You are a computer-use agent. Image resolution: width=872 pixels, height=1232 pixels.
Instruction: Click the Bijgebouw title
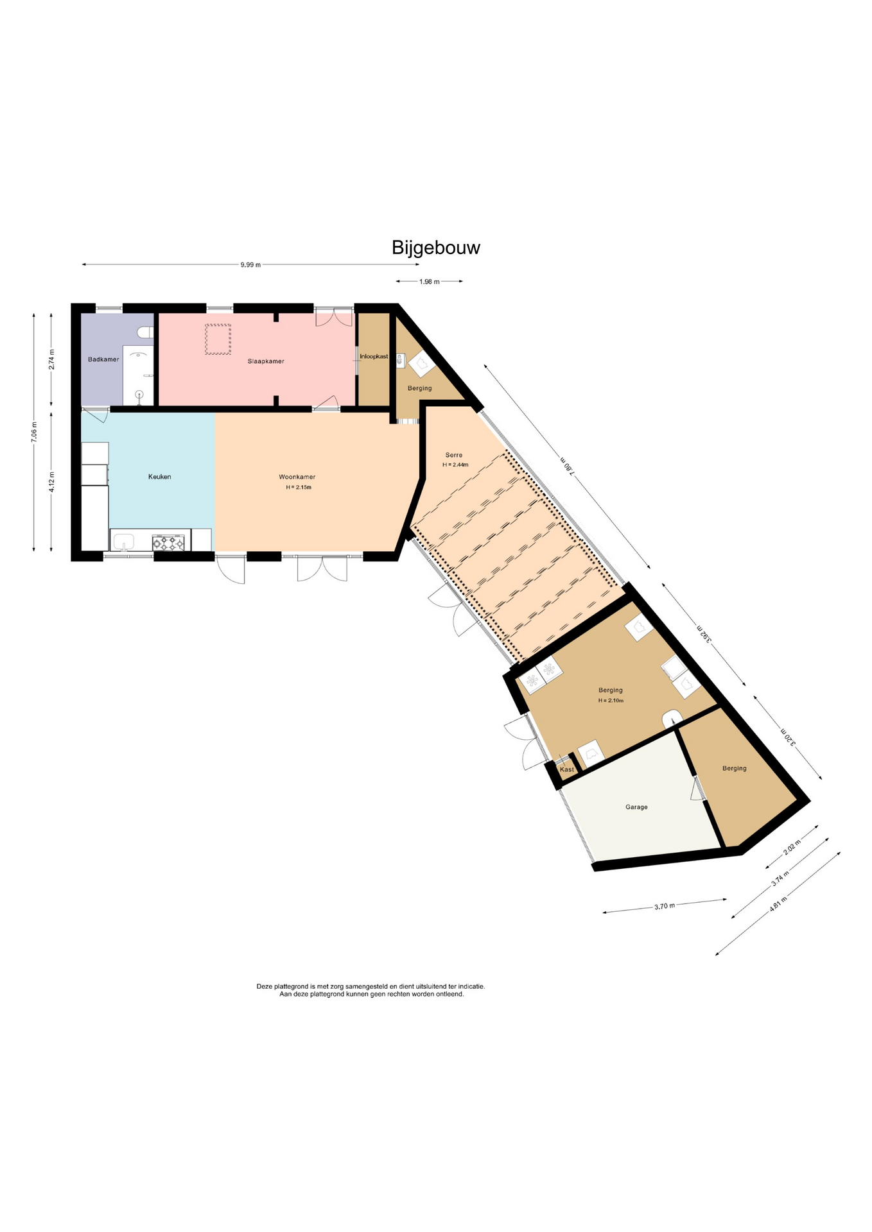pyautogui.click(x=436, y=248)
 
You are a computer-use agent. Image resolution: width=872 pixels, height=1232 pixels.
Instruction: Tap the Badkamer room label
pyautogui.click(x=103, y=359)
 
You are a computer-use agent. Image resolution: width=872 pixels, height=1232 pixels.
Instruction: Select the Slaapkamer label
pyautogui.click(x=266, y=361)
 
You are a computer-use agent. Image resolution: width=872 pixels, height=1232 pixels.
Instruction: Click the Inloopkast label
pyautogui.click(x=374, y=356)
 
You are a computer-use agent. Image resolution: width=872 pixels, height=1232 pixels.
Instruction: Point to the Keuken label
pyautogui.click(x=160, y=477)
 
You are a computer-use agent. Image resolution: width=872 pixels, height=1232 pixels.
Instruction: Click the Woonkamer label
pyautogui.click(x=297, y=477)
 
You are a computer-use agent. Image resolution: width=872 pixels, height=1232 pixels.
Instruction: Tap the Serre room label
pyautogui.click(x=454, y=455)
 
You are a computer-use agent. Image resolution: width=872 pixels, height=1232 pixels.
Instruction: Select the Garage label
pyautogui.click(x=636, y=807)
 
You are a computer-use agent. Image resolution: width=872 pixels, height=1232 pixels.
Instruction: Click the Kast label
pyautogui.click(x=567, y=769)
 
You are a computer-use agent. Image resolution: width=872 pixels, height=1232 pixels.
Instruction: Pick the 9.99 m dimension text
pyautogui.click(x=250, y=265)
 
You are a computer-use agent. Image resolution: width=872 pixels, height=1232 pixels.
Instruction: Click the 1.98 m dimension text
pyautogui.click(x=430, y=282)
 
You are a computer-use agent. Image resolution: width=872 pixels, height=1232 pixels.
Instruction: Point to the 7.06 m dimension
pyautogui.click(x=34, y=431)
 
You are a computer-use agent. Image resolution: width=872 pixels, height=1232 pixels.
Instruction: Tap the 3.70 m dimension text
pyautogui.click(x=665, y=906)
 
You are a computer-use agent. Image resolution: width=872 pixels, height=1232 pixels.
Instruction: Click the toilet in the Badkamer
pyautogui.click(x=146, y=332)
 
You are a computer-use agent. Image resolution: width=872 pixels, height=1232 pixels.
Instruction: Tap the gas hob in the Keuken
pyautogui.click(x=168, y=543)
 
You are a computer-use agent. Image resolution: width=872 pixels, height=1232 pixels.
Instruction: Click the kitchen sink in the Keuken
pyautogui.click(x=123, y=542)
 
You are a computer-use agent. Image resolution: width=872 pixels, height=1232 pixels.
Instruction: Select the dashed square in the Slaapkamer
pyautogui.click(x=218, y=339)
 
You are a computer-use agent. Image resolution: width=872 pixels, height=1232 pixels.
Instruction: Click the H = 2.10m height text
pyautogui.click(x=611, y=701)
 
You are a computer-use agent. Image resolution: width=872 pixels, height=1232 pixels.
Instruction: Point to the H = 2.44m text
pyautogui.click(x=455, y=465)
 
